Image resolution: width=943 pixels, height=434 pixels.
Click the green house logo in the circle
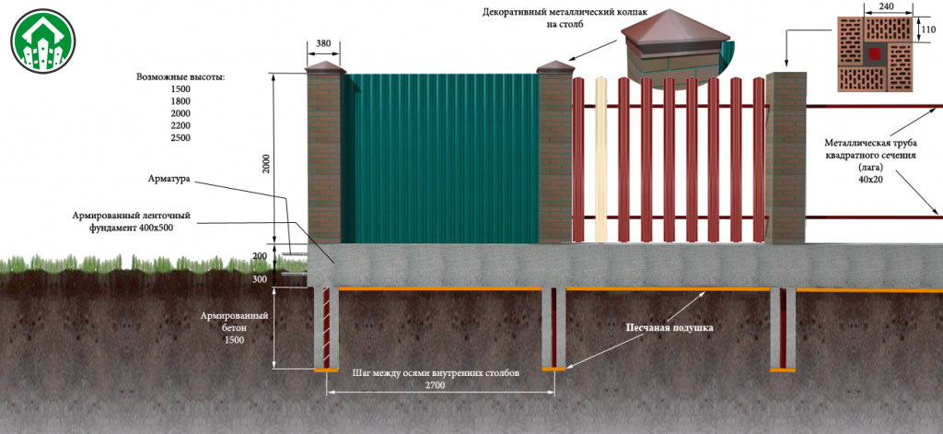(42, 41)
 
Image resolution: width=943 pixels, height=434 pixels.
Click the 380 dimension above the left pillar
(323, 44)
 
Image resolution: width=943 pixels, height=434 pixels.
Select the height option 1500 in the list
(180, 89)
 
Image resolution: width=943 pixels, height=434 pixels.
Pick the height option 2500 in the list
(180, 138)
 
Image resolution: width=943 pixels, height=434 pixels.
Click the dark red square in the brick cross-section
(875, 54)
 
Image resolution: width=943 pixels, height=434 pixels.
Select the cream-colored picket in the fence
(600, 159)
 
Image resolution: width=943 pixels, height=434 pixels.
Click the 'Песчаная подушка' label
(669, 329)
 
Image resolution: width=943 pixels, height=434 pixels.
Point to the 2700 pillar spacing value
(435, 386)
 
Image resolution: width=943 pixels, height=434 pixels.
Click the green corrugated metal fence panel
(440, 158)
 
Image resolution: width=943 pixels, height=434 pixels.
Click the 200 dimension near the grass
(259, 256)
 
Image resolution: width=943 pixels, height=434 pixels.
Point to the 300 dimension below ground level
(259, 279)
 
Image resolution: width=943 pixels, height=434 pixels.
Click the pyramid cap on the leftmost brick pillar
(325, 67)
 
